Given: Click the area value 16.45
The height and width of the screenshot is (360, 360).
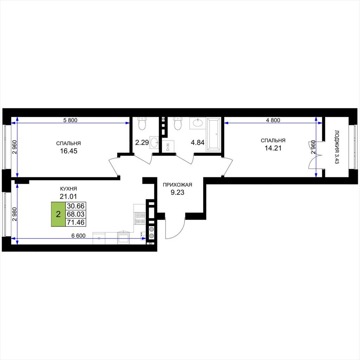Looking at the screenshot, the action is (x=69, y=151).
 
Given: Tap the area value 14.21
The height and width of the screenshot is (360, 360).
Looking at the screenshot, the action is (x=273, y=148).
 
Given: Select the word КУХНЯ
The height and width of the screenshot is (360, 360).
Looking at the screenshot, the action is (x=69, y=189).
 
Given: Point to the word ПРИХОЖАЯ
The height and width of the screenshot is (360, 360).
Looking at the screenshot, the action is (x=177, y=185).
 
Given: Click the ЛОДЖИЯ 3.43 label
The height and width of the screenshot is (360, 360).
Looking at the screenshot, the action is (x=337, y=147).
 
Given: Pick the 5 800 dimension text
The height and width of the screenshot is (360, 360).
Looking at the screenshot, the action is (x=70, y=120).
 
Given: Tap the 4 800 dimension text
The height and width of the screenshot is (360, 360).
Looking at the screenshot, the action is (x=273, y=120).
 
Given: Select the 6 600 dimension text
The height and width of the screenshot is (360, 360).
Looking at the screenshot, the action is (x=78, y=236).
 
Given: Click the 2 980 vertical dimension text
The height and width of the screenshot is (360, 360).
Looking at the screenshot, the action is (x=15, y=214).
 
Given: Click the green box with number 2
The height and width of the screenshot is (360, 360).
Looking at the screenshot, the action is (x=58, y=214).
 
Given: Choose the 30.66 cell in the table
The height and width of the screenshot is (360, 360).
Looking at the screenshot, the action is (x=76, y=206).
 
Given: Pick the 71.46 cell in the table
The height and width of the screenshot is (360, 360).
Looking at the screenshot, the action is (x=76, y=222).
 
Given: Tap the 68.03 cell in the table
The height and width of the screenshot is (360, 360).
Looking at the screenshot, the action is (x=76, y=214).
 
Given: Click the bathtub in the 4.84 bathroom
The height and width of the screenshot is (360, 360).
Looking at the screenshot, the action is (x=214, y=135).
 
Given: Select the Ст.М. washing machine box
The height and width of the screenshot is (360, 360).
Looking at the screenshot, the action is (x=169, y=146).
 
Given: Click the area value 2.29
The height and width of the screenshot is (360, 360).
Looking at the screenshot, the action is (x=142, y=143).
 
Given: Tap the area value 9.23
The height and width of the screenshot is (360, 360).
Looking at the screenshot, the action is (x=177, y=192).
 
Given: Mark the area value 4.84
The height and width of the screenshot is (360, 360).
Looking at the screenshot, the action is (x=198, y=143).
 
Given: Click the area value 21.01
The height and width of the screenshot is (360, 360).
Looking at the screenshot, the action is (x=69, y=197).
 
